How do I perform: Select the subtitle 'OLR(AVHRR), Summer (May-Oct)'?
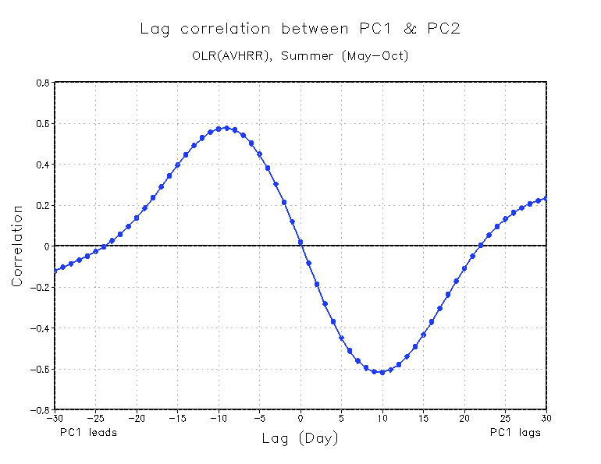point(300,56)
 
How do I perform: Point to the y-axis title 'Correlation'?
point(16,246)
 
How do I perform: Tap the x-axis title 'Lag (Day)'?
point(300,439)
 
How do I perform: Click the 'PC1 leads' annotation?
point(88,432)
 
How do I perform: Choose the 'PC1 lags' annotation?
point(515,432)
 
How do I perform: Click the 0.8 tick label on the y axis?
point(43,83)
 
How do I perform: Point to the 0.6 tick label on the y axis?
point(43,123)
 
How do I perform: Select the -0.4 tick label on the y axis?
point(41,328)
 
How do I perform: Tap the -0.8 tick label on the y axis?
point(41,409)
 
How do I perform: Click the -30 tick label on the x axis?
point(54,418)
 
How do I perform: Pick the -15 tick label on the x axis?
point(177,418)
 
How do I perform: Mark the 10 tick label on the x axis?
point(382,418)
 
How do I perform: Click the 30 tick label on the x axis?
point(546,418)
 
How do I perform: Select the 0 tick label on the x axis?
point(300,418)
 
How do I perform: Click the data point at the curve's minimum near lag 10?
point(382,372)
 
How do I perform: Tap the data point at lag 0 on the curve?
point(300,243)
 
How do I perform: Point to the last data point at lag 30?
point(546,198)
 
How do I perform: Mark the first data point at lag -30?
point(55,270)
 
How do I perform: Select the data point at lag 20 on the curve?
point(464,268)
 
